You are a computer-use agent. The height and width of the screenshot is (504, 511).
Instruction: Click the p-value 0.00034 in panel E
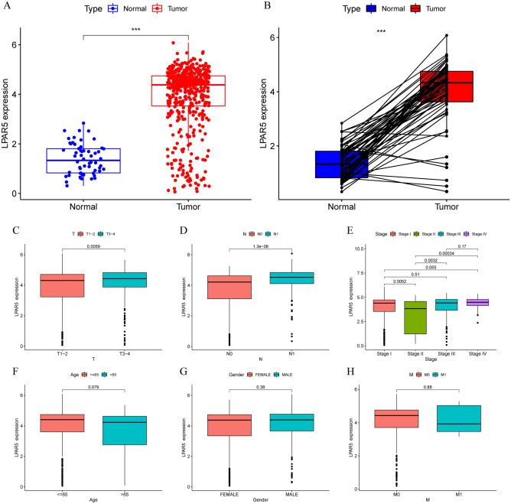coord(446,254)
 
